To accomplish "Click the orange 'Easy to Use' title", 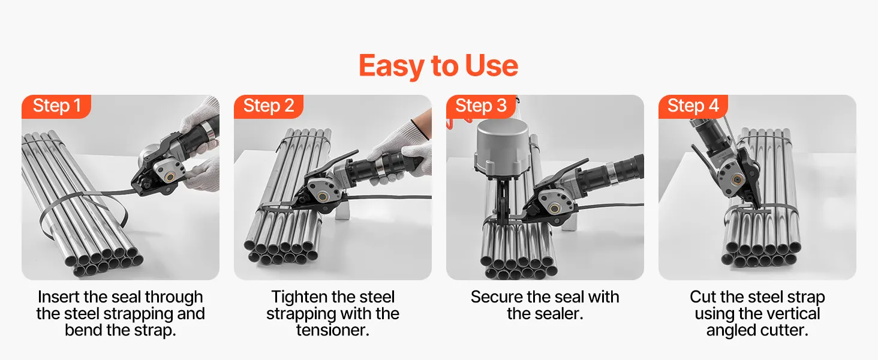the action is [x=438, y=65].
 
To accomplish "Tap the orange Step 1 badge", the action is [x=56, y=106].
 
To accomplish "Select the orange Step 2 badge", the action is [x=269, y=106].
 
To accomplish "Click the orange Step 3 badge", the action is [x=481, y=106].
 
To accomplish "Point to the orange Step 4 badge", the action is [x=693, y=106].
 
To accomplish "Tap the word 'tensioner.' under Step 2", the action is [x=333, y=330].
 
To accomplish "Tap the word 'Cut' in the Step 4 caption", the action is [x=703, y=297].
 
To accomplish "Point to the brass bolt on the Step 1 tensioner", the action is [x=170, y=177].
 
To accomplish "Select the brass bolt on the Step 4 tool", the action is [x=738, y=180].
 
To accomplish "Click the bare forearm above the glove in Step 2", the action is [x=423, y=122].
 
